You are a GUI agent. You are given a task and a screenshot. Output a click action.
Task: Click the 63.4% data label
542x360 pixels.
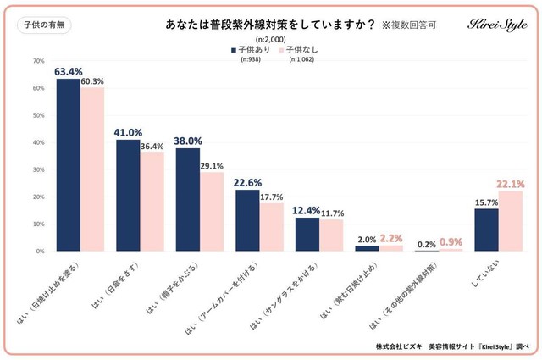tap(68, 71)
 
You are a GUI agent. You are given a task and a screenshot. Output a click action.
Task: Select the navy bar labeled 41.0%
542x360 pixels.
tap(128, 196)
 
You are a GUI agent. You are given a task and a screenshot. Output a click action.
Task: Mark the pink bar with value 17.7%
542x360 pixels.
tap(270, 227)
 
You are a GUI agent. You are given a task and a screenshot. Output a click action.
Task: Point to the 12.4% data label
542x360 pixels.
tap(307, 209)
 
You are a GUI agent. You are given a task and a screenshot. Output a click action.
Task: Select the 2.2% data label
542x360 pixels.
tap(390, 240)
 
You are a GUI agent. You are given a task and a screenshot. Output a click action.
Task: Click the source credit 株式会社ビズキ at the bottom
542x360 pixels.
tap(402, 347)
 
